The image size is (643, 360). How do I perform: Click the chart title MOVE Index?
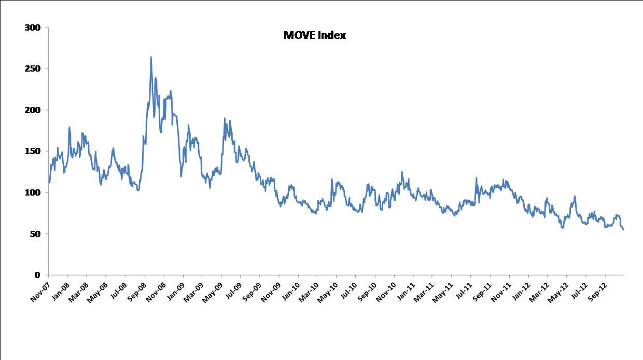(x=314, y=35)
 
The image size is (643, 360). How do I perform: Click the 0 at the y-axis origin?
(x=37, y=275)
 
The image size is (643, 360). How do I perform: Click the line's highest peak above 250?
(x=151, y=57)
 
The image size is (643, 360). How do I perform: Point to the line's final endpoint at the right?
(x=623, y=229)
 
